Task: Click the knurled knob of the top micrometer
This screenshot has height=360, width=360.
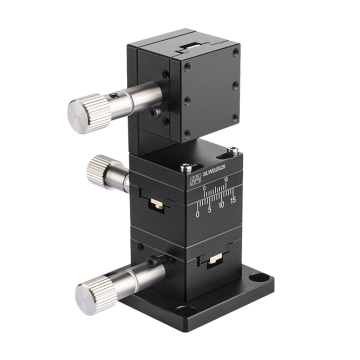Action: (84, 111)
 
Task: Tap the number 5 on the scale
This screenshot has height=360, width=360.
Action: (209, 210)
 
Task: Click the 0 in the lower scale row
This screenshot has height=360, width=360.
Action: (198, 212)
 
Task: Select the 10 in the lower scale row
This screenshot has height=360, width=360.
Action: (221, 208)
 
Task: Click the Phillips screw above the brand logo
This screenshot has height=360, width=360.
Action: (187, 163)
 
